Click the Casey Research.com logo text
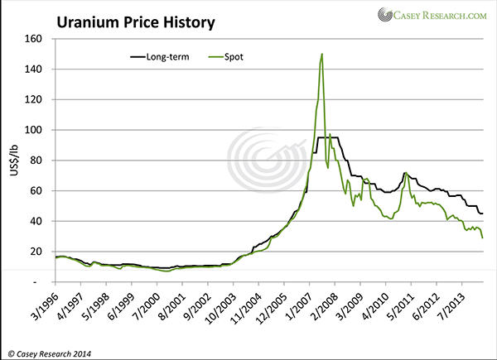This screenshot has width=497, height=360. click(440, 14)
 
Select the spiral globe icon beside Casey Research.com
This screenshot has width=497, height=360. click(387, 15)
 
